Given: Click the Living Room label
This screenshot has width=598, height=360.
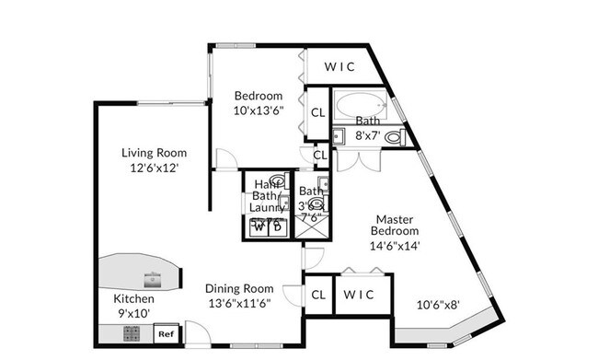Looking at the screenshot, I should (x=155, y=153).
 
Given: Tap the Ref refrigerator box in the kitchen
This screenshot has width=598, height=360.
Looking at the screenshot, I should (x=167, y=334).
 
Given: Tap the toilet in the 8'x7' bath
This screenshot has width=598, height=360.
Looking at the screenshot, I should (x=394, y=137).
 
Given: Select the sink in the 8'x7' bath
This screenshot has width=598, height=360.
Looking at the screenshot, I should (x=338, y=137).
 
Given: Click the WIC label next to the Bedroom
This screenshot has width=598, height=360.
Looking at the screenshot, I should (x=338, y=66).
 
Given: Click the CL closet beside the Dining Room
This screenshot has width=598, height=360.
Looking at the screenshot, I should (x=317, y=295).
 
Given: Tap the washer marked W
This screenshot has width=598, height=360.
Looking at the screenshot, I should (x=257, y=227).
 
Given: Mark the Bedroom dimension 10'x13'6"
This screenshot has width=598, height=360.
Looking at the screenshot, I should (x=258, y=110).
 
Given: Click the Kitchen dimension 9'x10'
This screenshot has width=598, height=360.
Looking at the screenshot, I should (x=133, y=313).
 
